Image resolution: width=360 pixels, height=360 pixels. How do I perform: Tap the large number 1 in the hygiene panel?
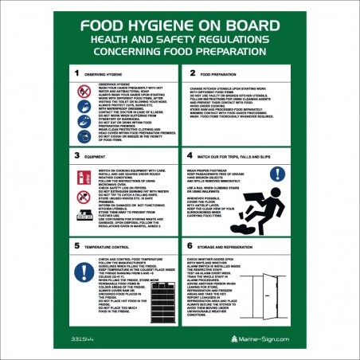(x=77, y=72)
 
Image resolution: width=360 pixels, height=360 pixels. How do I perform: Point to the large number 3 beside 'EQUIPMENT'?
(x=77, y=156)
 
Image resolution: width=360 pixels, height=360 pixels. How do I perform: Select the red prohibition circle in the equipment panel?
(x=84, y=176)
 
